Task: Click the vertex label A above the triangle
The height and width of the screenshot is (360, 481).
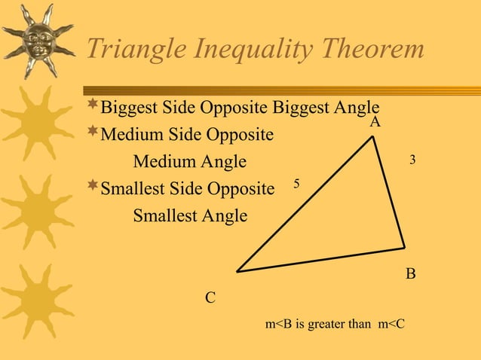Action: [x=375, y=121]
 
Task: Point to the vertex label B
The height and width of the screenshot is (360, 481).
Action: [x=411, y=274]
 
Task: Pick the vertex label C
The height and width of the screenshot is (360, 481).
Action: [x=211, y=298]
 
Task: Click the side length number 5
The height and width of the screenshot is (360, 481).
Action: [x=296, y=184]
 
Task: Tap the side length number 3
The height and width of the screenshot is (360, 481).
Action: [x=412, y=160]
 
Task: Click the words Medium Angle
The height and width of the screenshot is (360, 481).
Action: [x=189, y=161]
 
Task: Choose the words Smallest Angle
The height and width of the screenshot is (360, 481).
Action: [x=189, y=216]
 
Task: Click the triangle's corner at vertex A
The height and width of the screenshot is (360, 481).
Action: [x=373, y=138]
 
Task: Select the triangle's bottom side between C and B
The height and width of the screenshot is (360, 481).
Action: [x=321, y=260]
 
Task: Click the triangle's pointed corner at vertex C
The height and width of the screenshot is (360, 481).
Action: [x=238, y=271]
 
